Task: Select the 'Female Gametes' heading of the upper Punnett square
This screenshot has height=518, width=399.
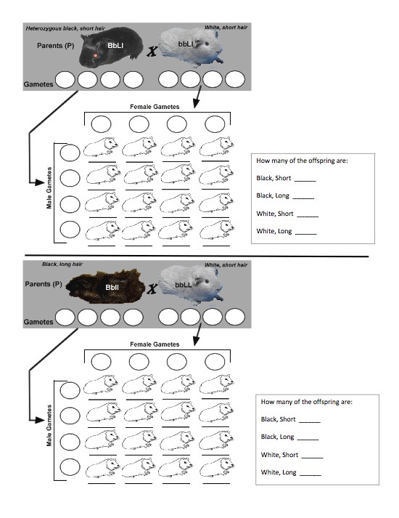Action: pos(155,107)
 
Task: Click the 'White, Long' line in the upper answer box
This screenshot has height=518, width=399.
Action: pos(286,231)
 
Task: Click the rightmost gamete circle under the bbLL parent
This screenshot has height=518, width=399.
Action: pos(235,317)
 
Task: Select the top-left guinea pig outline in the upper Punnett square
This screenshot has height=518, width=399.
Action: pos(101,148)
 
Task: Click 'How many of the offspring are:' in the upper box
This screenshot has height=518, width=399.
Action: pos(301,161)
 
